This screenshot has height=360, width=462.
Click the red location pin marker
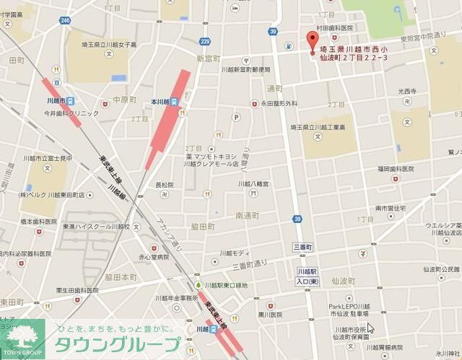coord(312,43)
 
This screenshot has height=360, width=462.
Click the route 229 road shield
coord(205,43)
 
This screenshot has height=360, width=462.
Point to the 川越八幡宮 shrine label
coord(254,184)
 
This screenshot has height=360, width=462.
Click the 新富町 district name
coord(206,58)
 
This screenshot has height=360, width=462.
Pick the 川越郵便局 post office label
coord(245,70)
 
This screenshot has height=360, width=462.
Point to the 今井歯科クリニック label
coord(71,114)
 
